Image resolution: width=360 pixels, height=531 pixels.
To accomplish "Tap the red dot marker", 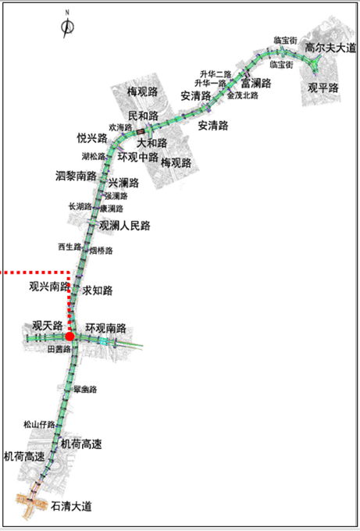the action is click(x=70, y=336).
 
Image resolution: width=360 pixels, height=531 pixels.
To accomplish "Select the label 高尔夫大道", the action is click(x=330, y=48).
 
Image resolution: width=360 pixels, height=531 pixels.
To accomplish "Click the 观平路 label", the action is click(x=323, y=88).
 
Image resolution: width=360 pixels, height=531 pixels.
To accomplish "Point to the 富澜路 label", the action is click(x=255, y=83).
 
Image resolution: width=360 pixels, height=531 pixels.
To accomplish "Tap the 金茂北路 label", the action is click(x=242, y=95).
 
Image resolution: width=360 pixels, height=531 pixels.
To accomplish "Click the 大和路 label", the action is click(x=151, y=143).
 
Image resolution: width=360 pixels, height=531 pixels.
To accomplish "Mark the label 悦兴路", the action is click(x=92, y=138).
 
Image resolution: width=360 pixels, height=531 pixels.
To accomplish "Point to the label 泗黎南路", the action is click(x=76, y=175).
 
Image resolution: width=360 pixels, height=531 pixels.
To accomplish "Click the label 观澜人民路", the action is click(x=124, y=226).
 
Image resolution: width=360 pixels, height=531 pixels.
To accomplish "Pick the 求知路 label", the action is click(x=98, y=290).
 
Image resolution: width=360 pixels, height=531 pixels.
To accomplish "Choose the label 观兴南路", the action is click(x=50, y=286).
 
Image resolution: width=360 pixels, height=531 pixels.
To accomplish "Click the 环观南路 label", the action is click(x=106, y=327).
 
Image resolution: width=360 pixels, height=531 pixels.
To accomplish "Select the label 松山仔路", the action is click(x=39, y=425).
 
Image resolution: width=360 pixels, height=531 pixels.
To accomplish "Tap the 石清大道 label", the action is click(x=71, y=506).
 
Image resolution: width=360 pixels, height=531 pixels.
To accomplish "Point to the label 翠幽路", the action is click(x=84, y=389).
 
